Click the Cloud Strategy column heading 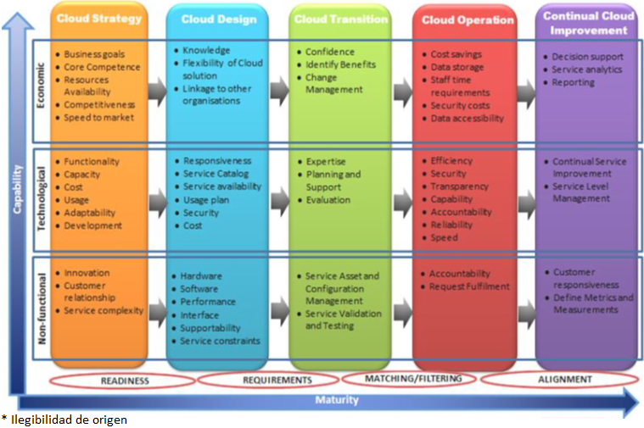pos(99,19)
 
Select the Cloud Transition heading pos(341,19)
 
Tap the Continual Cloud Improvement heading pos(589,23)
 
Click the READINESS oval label pos(125,381)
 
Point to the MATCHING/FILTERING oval pos(413,378)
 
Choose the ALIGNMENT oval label pos(565,380)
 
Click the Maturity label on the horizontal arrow pos(337,400)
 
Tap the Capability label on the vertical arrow pos(17,189)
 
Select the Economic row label pos(40,86)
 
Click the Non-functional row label pos(42,308)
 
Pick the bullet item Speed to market pos(98,118)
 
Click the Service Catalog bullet pos(216,174)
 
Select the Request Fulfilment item pos(469,286)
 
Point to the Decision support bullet pos(587,57)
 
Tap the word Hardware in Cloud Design pos(201,276)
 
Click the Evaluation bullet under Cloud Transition pos(328,200)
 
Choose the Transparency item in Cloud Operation pos(459,186)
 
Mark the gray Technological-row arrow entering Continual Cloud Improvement pos(527,203)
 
